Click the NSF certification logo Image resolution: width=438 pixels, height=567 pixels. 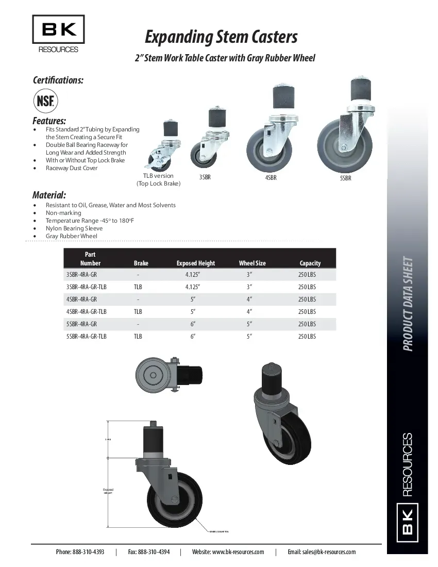[x=45, y=101]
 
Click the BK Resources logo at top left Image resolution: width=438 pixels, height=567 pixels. [x=58, y=34]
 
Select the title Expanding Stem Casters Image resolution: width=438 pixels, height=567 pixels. [x=221, y=37]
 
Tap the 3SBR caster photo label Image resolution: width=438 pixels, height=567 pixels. [x=205, y=177]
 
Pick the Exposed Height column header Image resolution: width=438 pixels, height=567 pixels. [x=195, y=263]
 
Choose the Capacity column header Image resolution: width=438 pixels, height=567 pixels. [x=310, y=263]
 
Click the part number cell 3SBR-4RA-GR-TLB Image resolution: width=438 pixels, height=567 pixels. [x=86, y=287]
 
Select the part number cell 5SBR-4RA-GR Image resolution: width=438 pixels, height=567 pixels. [x=81, y=324]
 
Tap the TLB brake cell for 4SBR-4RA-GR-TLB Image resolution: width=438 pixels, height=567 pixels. [x=138, y=312]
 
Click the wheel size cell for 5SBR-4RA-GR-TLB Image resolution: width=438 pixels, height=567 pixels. [x=249, y=337]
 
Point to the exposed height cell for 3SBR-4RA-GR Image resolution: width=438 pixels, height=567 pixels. [x=193, y=275]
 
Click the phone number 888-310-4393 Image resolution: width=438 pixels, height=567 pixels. [x=88, y=552]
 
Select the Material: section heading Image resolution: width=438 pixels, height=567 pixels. [x=49, y=195]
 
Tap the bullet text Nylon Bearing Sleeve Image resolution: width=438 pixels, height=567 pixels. [x=74, y=228]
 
